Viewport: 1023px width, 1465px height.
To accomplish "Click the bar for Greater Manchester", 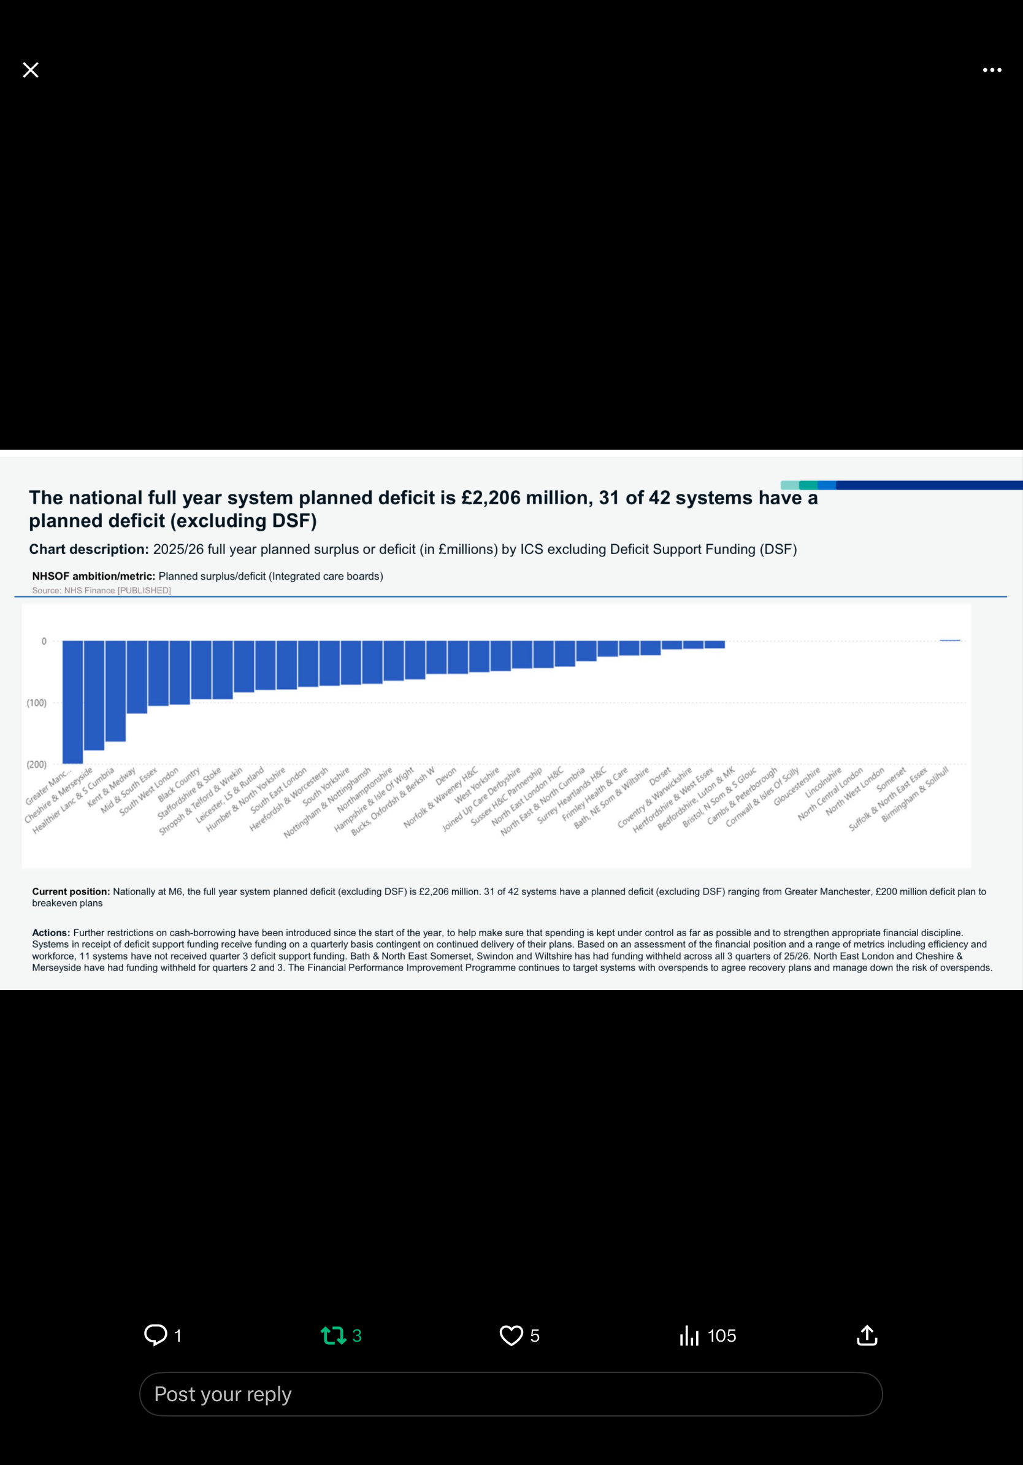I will point(73,702).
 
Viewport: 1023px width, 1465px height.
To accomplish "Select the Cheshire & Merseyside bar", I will point(94,696).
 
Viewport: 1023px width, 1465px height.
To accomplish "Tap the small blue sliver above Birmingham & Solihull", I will point(949,640).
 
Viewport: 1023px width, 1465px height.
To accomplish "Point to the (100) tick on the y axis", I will point(36,702).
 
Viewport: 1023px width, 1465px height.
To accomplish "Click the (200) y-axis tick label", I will point(36,764).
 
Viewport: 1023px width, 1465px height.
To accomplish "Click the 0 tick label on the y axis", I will point(44,641).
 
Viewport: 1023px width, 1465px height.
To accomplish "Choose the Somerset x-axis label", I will point(891,779).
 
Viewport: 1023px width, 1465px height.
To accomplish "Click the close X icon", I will point(31,69).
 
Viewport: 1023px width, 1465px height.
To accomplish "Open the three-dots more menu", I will point(992,70).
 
